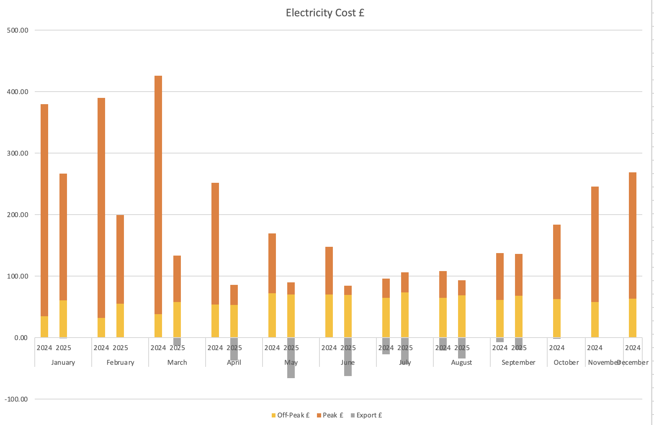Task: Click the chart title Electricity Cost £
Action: click(x=325, y=13)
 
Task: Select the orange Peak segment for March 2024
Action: click(x=158, y=195)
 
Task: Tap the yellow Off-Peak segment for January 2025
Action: click(x=63, y=318)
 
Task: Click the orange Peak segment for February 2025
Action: click(x=120, y=259)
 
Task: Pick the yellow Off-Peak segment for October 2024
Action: click(x=557, y=318)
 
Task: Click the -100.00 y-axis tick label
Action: click(x=16, y=399)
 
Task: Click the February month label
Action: click(x=120, y=362)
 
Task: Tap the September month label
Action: click(x=518, y=362)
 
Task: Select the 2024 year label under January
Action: click(x=44, y=348)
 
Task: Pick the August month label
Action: click(x=461, y=362)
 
